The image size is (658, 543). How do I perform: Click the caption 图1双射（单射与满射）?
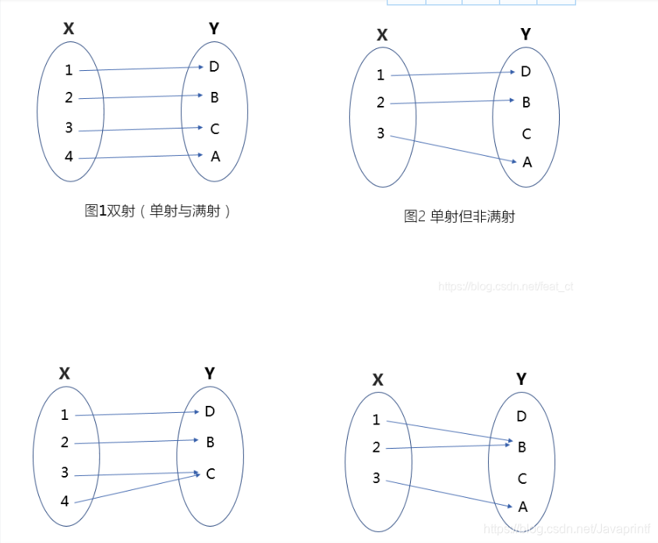click(158, 210)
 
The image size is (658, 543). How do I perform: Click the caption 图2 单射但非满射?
click(459, 217)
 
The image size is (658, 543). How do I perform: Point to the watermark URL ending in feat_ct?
click(506, 287)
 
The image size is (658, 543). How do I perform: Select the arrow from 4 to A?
click(140, 157)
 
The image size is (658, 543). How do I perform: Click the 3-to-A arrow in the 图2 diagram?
click(452, 150)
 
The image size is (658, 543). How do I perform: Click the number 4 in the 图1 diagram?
click(69, 157)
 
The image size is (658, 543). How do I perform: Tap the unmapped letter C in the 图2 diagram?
click(526, 134)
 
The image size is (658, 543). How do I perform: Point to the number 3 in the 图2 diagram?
click(380, 134)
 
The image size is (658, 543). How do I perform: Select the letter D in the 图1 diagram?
click(214, 66)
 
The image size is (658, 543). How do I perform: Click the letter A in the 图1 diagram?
click(215, 157)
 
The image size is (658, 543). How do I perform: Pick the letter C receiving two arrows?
click(210, 474)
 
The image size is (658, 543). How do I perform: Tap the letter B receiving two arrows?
click(522, 447)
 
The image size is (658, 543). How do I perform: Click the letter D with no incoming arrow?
click(522, 416)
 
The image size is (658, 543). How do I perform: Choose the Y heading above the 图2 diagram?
click(525, 33)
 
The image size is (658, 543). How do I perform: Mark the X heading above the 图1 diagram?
click(69, 29)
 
